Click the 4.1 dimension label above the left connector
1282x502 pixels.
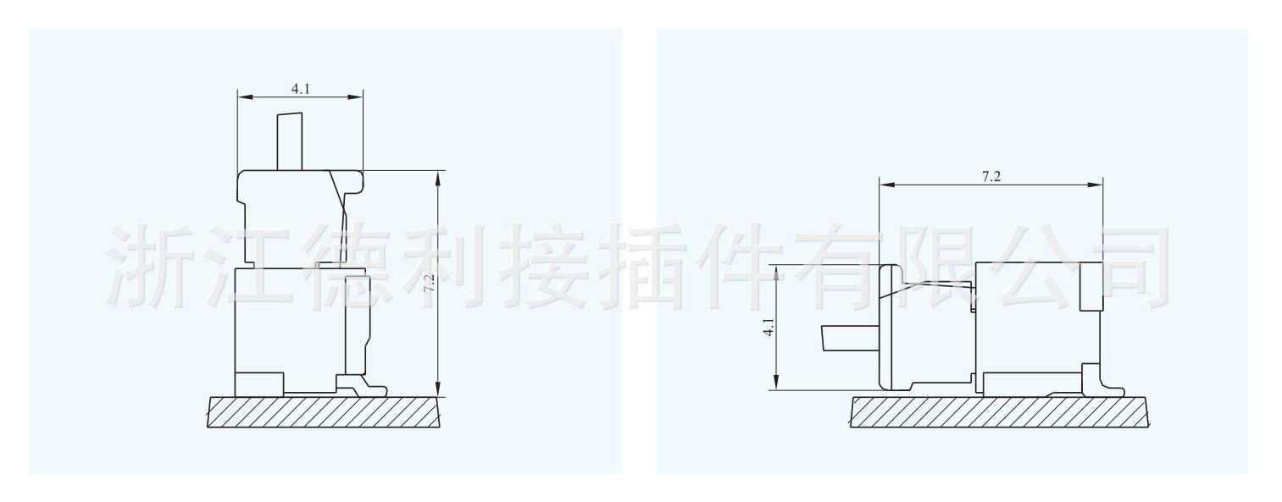[x=300, y=88]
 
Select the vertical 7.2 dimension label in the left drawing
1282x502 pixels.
[x=430, y=284]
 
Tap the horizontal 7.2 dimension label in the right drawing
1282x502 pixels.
[x=991, y=176]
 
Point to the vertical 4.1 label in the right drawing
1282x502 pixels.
[x=769, y=328]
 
